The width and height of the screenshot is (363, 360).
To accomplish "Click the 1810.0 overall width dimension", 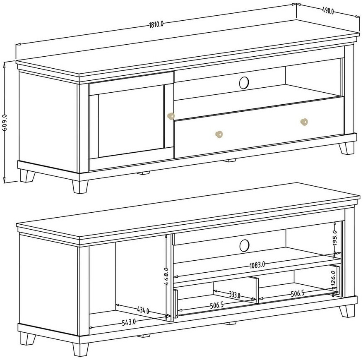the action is point(156,24).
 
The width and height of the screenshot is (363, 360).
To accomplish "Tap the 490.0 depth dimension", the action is point(328,11).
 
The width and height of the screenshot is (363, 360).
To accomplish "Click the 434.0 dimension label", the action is point(143,310).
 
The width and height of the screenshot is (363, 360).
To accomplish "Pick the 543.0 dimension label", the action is point(129,322).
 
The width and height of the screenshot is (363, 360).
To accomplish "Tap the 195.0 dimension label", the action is point(335,238).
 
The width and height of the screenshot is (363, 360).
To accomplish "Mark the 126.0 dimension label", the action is point(334,279).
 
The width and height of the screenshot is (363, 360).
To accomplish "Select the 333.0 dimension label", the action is point(235,295).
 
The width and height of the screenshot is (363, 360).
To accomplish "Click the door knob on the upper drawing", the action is point(171,116).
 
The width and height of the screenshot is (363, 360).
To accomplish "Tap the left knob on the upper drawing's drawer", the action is point(219,134).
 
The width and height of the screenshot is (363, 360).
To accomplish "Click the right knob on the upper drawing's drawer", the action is point(304,122).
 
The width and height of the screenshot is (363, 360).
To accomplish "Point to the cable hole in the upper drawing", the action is point(244,83).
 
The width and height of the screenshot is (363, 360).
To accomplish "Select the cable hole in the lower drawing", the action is point(245,245).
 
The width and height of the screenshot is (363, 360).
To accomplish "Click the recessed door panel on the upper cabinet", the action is point(131,121).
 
